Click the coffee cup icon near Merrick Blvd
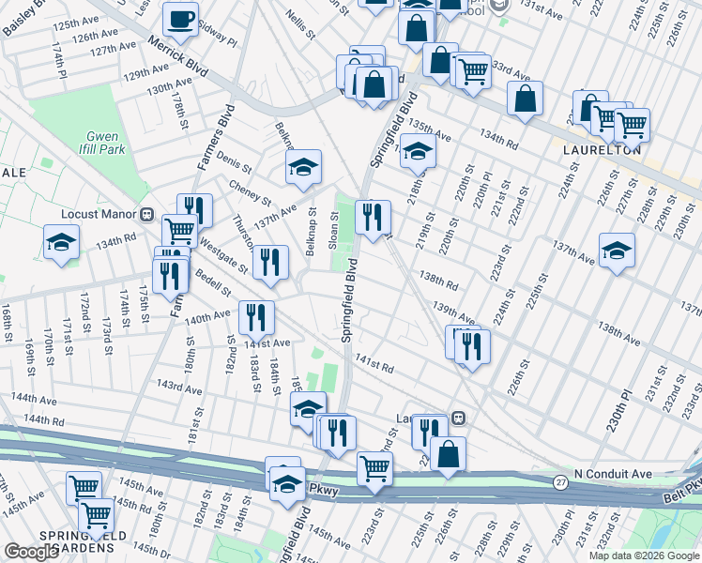(180, 19)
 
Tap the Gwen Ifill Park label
(102, 142)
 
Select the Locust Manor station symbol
(145, 214)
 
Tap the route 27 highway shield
(560, 479)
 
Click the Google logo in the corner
(31, 552)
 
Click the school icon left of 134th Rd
(61, 242)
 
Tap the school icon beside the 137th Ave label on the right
(617, 250)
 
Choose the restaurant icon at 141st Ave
(255, 316)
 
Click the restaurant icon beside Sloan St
(373, 217)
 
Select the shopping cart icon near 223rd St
(374, 466)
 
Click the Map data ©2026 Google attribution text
(644, 555)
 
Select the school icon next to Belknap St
(303, 167)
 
